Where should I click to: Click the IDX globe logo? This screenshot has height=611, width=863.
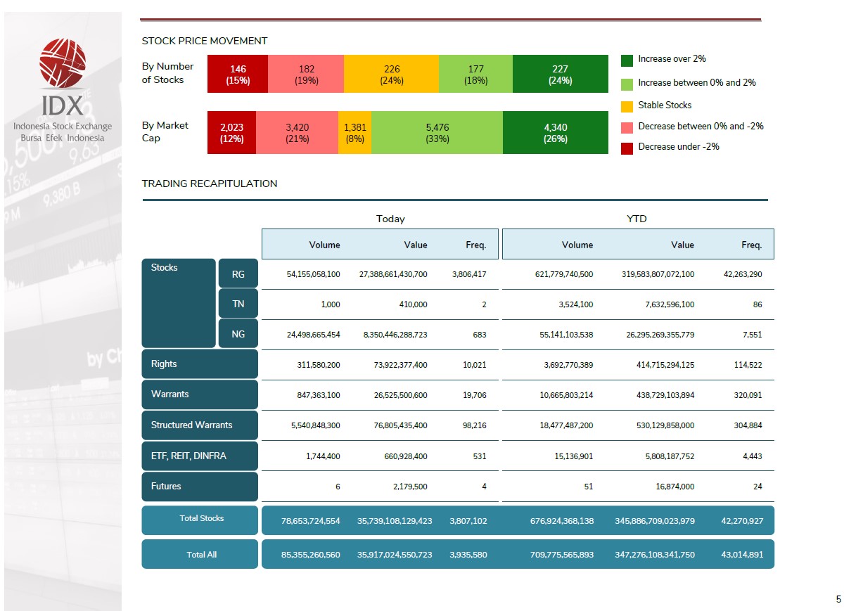click(63, 63)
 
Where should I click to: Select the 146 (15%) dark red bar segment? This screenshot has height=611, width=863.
click(238, 74)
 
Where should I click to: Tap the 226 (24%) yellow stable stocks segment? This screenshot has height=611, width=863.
click(391, 74)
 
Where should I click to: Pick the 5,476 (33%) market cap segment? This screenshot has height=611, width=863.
click(437, 133)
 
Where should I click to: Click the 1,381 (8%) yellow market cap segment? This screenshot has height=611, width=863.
click(354, 133)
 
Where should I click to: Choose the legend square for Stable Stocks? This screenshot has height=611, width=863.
click(627, 106)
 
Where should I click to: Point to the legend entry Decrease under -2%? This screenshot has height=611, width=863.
click(678, 147)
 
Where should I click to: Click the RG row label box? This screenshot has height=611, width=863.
click(238, 274)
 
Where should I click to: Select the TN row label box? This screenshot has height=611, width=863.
click(238, 304)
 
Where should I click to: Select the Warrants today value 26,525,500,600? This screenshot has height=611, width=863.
click(400, 395)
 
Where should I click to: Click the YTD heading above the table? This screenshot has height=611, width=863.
click(637, 219)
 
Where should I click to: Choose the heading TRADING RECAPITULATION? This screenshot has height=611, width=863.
click(210, 184)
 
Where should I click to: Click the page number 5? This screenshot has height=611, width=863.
click(838, 600)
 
